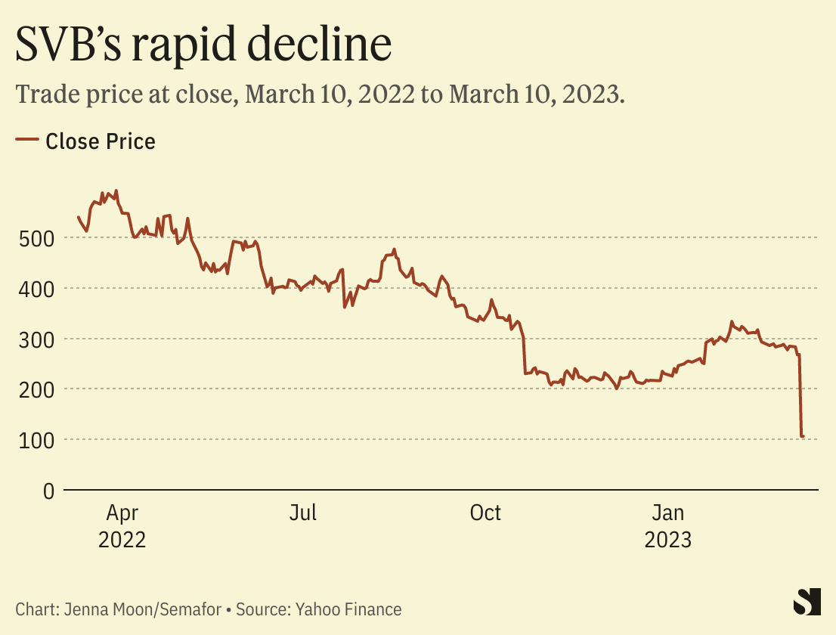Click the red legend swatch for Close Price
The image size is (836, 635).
pos(27,140)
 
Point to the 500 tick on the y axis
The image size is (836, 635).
pos(36,238)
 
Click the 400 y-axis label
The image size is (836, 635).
pos(36,289)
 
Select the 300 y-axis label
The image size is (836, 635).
pos(36,339)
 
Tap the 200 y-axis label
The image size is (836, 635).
pos(36,389)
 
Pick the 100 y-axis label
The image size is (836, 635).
pos(36,440)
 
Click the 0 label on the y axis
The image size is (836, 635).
pos(48,491)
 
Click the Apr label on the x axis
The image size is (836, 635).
pos(122,513)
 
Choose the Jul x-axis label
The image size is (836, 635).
pos(303,513)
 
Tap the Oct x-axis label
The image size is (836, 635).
pos(485,513)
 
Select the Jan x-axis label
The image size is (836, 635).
pos(668,513)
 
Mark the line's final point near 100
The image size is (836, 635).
pos(803,436)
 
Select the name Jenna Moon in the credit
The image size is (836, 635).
pos(94,609)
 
